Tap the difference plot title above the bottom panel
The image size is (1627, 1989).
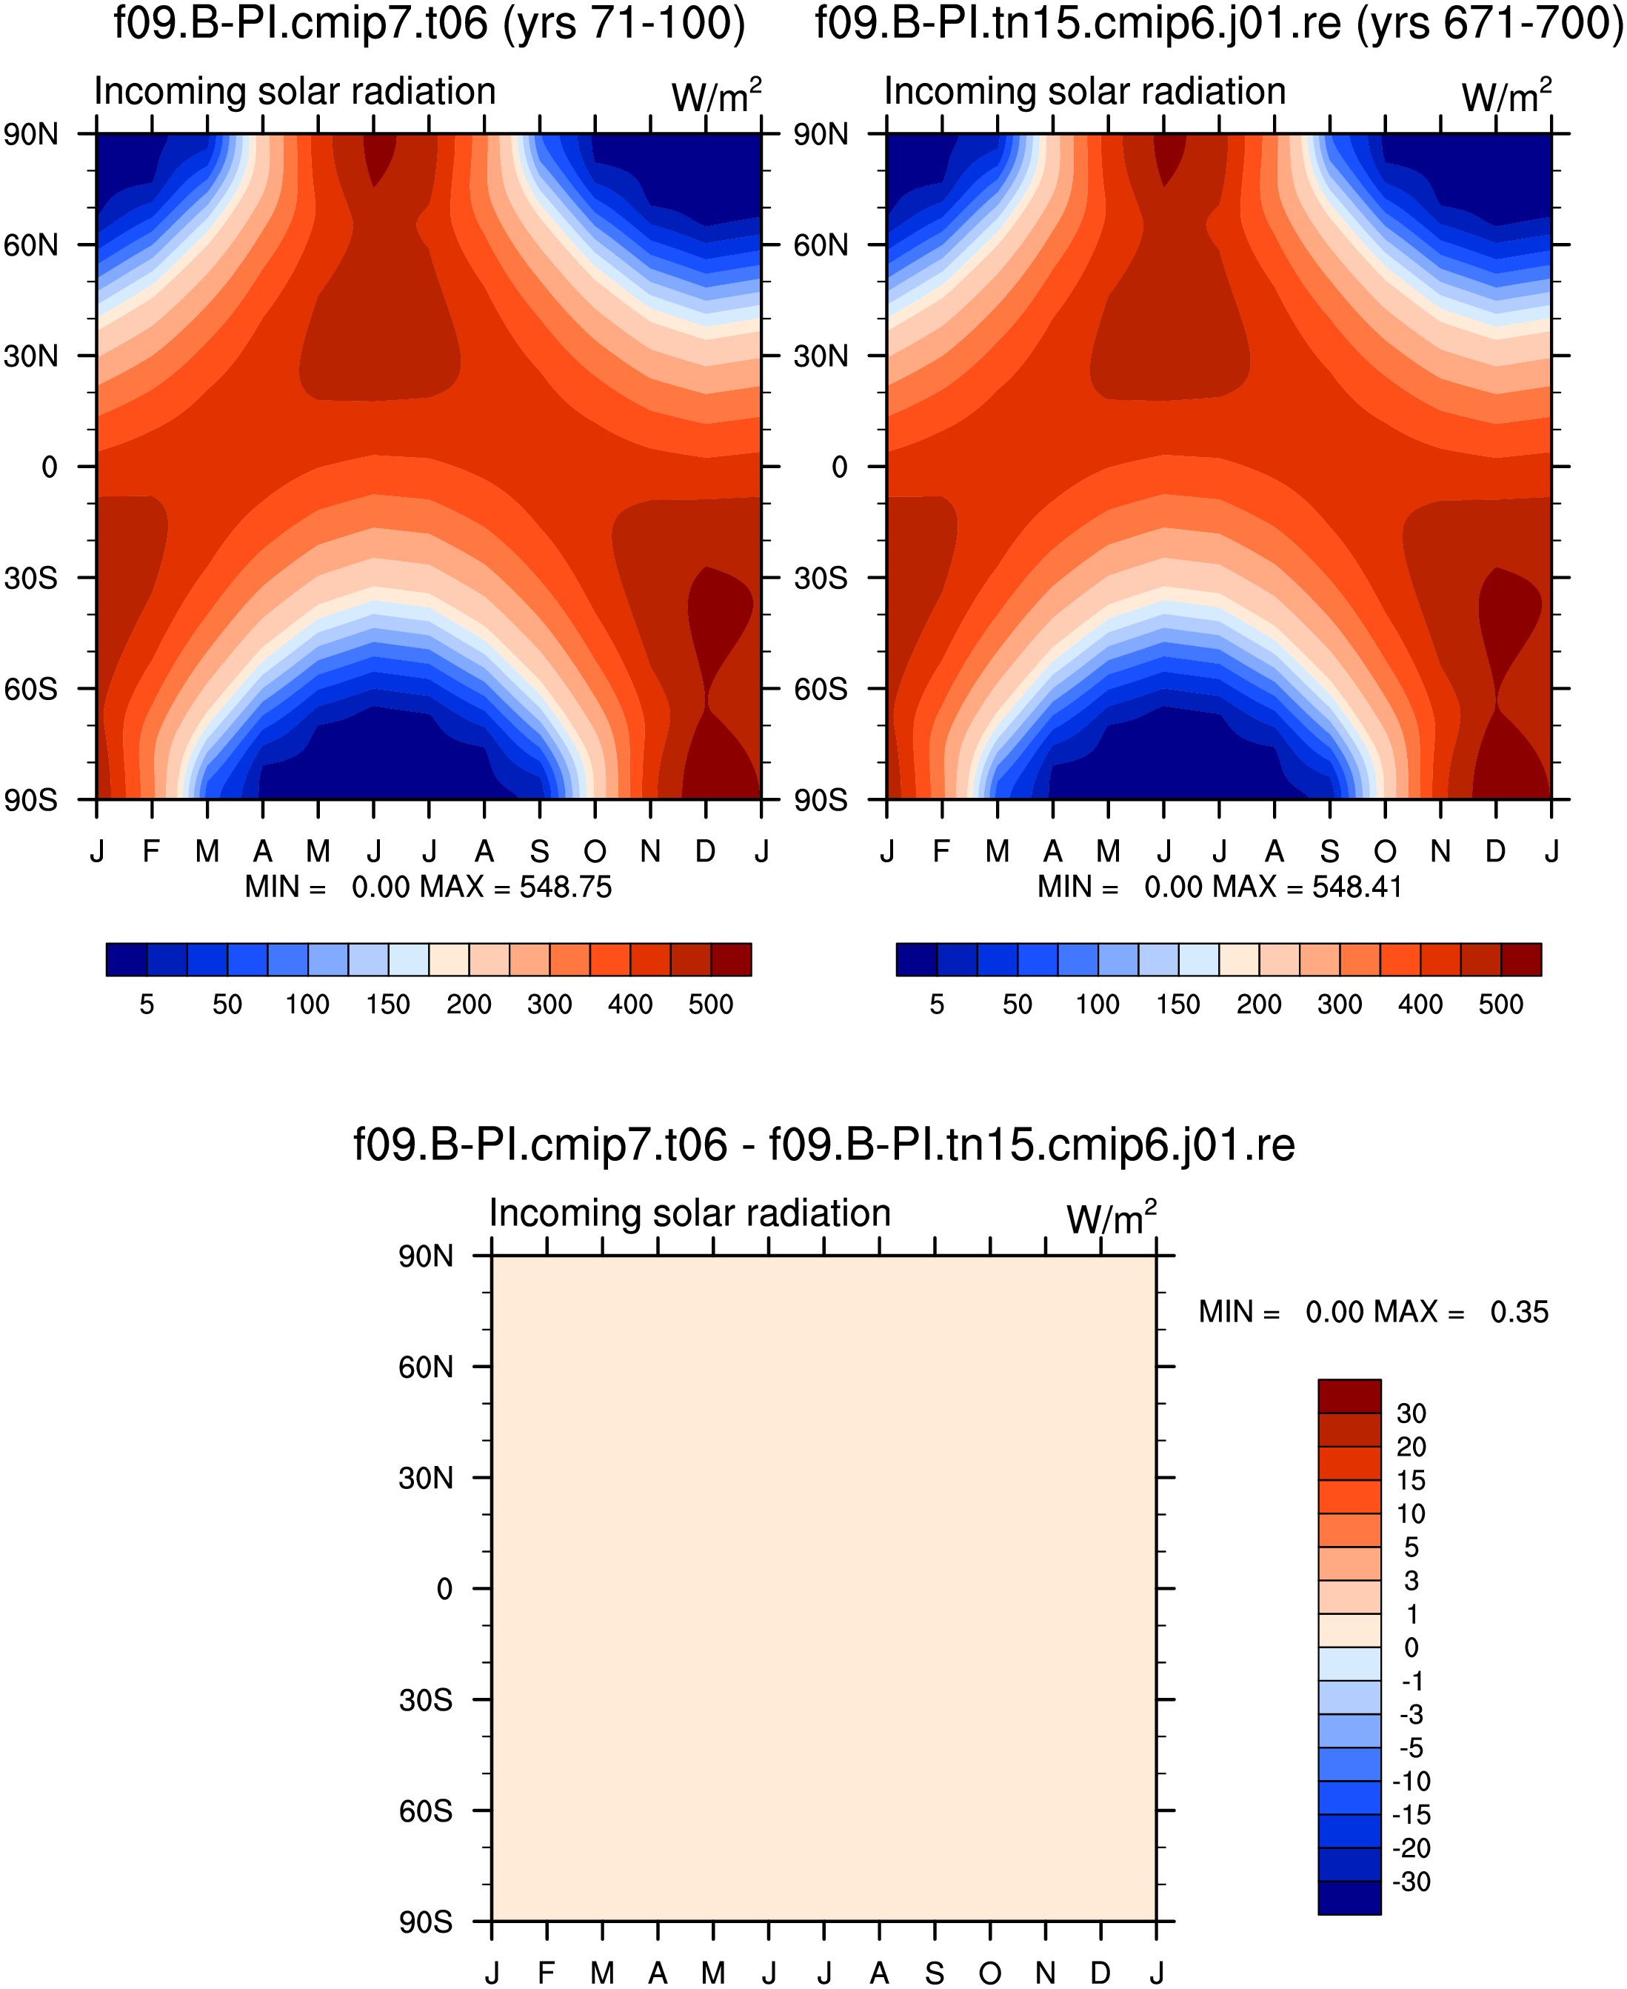click(x=823, y=1145)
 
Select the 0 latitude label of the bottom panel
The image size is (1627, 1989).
click(x=444, y=1590)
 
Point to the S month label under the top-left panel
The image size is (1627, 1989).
click(x=540, y=851)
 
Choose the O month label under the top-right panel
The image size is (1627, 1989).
click(x=1385, y=851)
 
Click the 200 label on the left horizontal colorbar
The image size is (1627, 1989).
click(x=469, y=1005)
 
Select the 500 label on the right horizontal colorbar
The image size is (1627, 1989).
click(x=1501, y=1005)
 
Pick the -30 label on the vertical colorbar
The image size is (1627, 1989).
click(x=1411, y=1882)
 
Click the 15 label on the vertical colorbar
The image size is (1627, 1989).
click(x=1411, y=1481)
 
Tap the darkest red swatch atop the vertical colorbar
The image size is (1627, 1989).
click(x=1349, y=1396)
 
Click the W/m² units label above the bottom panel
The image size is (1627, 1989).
click(x=1112, y=1218)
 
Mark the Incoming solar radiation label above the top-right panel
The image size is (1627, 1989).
click(x=1086, y=92)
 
